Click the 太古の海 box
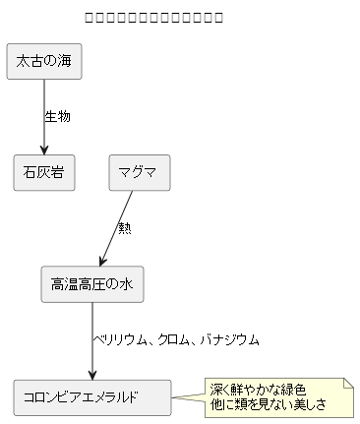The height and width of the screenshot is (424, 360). (x=44, y=62)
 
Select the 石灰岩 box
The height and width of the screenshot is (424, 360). (x=44, y=173)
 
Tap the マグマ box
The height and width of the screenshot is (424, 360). (x=139, y=173)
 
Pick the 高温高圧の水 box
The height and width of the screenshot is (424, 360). (x=91, y=284)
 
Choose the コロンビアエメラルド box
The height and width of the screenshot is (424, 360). (x=91, y=397)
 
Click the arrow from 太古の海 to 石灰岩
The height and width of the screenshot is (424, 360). (x=44, y=113)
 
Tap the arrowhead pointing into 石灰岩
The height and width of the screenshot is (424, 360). (x=44, y=150)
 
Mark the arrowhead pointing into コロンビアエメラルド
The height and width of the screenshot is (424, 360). (x=92, y=375)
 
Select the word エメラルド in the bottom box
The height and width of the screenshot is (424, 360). (x=109, y=397)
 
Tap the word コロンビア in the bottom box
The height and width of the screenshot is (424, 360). (x=54, y=397)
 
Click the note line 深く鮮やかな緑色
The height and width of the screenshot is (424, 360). (x=258, y=390)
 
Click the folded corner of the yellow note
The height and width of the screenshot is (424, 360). (x=347, y=384)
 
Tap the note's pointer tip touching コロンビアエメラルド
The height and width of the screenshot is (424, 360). (x=173, y=398)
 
